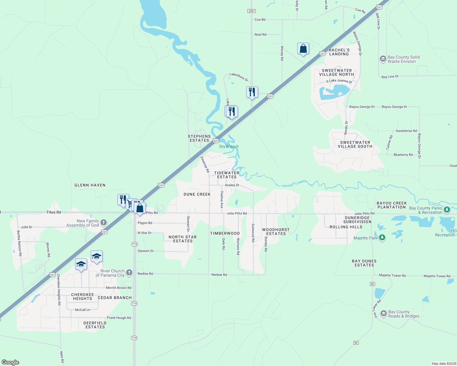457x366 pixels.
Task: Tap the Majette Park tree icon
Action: click(382, 238)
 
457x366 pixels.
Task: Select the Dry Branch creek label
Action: click(229, 146)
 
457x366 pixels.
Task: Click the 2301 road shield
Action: click(251, 11)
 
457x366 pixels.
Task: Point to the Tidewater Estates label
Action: click(227, 175)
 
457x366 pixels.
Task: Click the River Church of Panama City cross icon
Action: click(129, 273)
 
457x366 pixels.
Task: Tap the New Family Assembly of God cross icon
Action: click(104, 223)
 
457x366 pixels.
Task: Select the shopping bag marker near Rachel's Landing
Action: click(303, 49)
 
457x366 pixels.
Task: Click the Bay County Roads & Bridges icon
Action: click(383, 314)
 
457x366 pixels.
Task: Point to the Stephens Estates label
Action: click(199, 138)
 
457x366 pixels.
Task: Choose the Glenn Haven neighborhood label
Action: click(90, 185)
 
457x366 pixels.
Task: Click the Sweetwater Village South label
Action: click(355, 144)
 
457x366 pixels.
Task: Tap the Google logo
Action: click(10, 362)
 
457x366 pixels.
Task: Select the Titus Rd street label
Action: click(54, 212)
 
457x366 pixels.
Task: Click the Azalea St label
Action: click(232, 185)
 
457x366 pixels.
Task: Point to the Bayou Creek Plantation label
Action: click(392, 205)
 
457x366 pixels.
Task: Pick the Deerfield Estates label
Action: click(95, 325)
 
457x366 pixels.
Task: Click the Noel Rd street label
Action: click(260, 34)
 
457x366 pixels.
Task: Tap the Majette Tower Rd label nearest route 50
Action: click(392, 275)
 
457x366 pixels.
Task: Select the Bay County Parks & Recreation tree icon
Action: click(447, 210)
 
